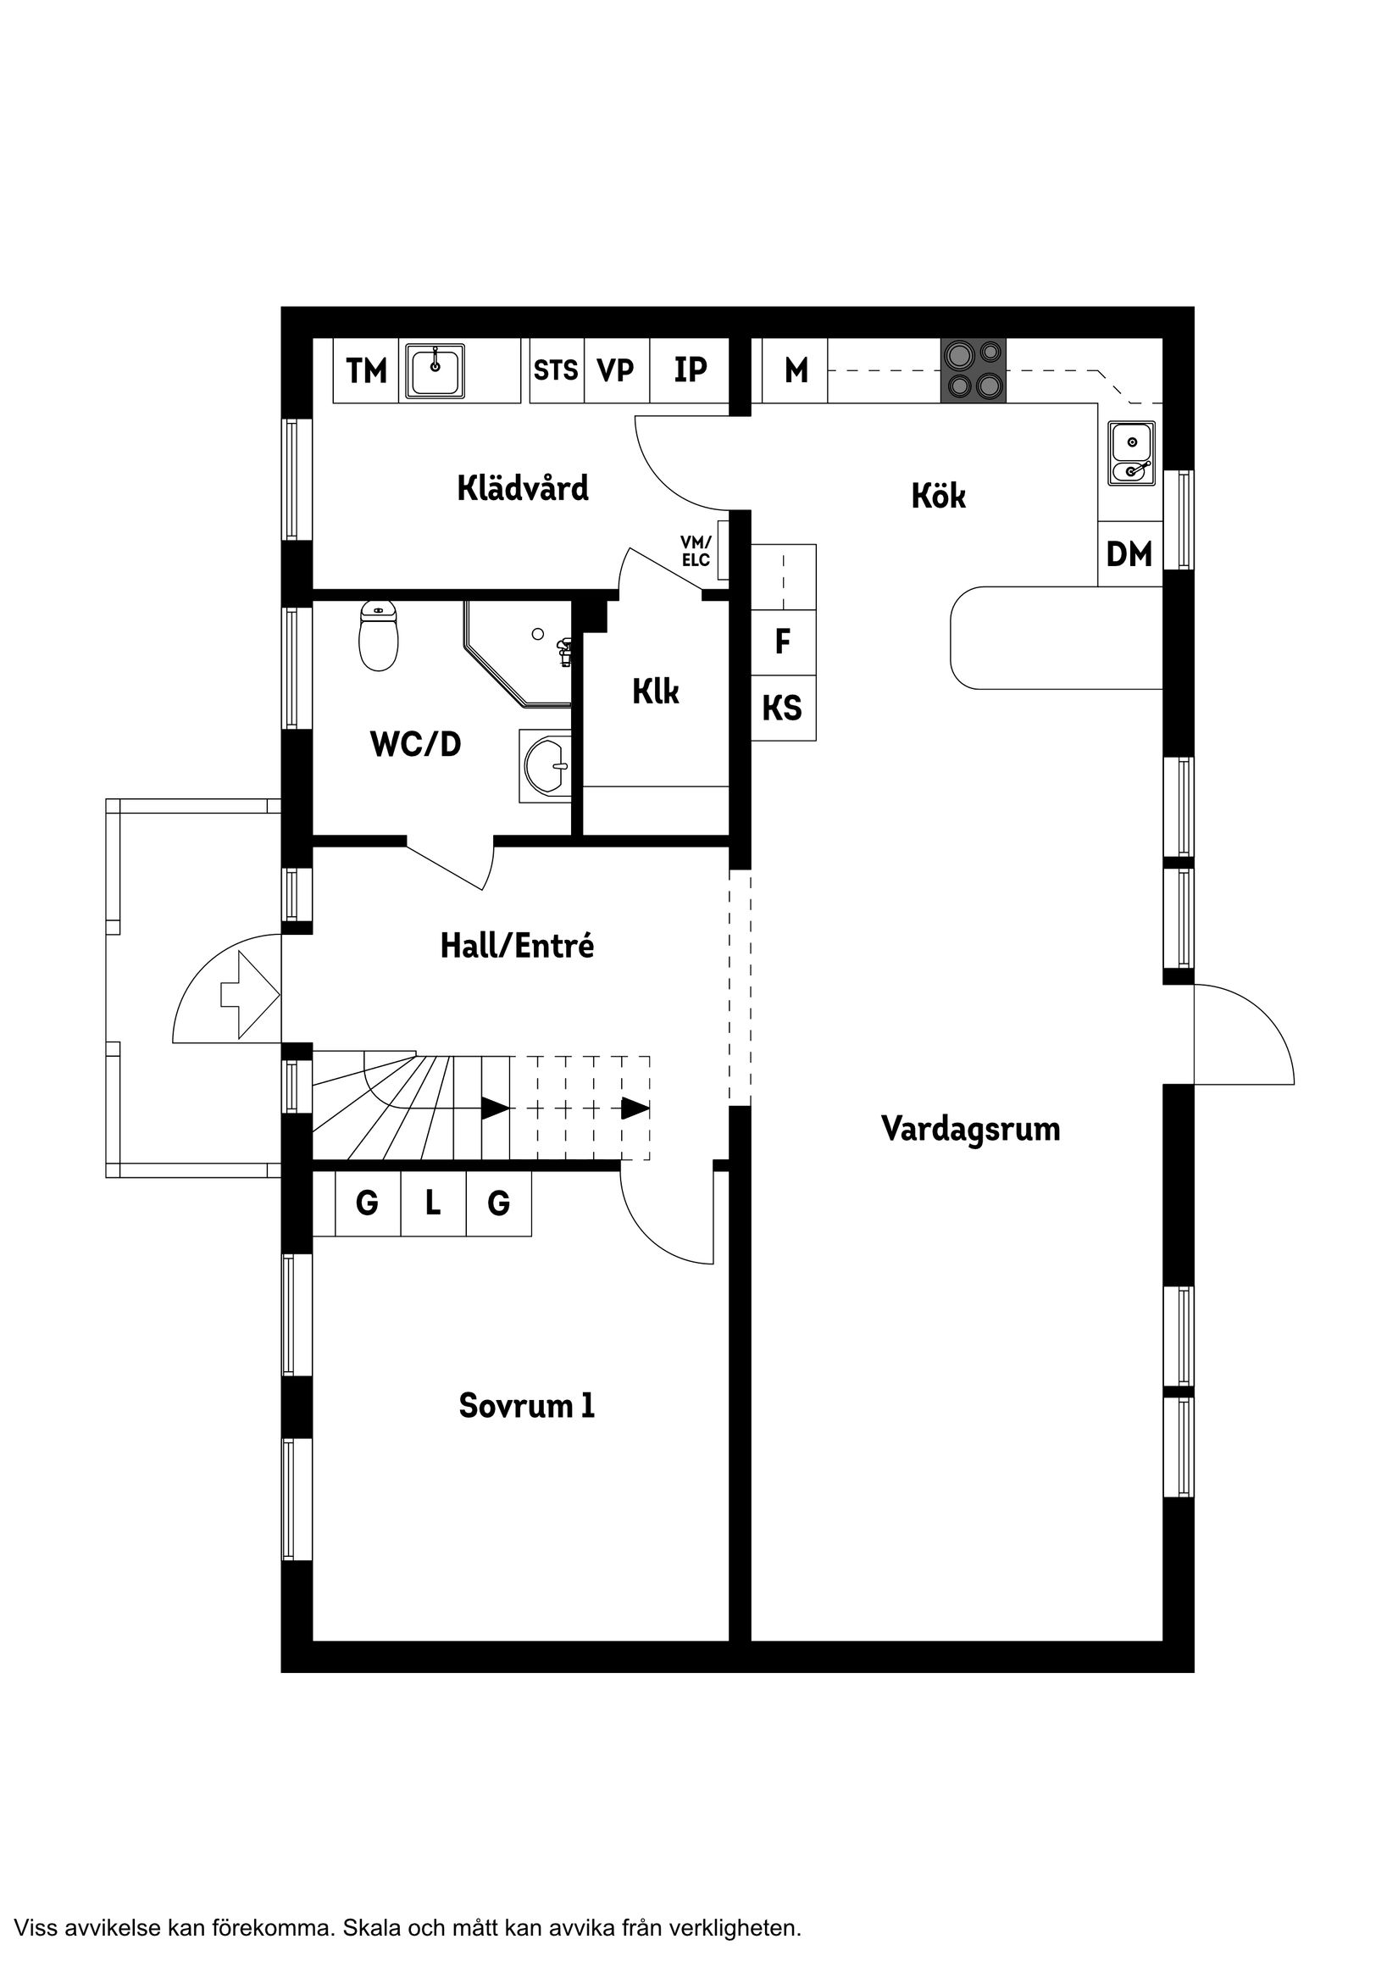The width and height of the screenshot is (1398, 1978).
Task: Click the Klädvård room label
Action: click(x=523, y=488)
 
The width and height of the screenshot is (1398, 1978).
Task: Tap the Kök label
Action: click(x=938, y=496)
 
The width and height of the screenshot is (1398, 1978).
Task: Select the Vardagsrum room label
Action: click(x=970, y=1129)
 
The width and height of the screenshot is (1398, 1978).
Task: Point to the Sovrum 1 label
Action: click(x=526, y=1406)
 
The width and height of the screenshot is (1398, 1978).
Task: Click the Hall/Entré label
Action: click(x=517, y=946)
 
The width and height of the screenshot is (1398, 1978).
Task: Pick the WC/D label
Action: click(x=415, y=743)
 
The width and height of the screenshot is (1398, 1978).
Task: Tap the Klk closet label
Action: click(x=656, y=691)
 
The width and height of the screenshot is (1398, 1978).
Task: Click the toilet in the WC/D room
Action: click(x=378, y=636)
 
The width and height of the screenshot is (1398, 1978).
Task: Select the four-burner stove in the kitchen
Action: click(x=974, y=370)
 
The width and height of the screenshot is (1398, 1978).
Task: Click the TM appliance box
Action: click(x=366, y=371)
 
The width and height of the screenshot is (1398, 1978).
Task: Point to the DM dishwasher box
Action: click(x=1129, y=555)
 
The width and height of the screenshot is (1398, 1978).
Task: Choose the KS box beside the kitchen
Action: click(x=782, y=708)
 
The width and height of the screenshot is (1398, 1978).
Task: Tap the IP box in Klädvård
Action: click(x=690, y=370)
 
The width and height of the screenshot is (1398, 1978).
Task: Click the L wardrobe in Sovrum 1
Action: click(x=433, y=1203)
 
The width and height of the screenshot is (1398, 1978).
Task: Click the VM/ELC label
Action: click(x=696, y=552)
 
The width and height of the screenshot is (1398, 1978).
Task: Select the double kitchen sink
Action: click(x=1131, y=453)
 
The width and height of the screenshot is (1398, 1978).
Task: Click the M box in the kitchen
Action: click(x=796, y=370)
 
